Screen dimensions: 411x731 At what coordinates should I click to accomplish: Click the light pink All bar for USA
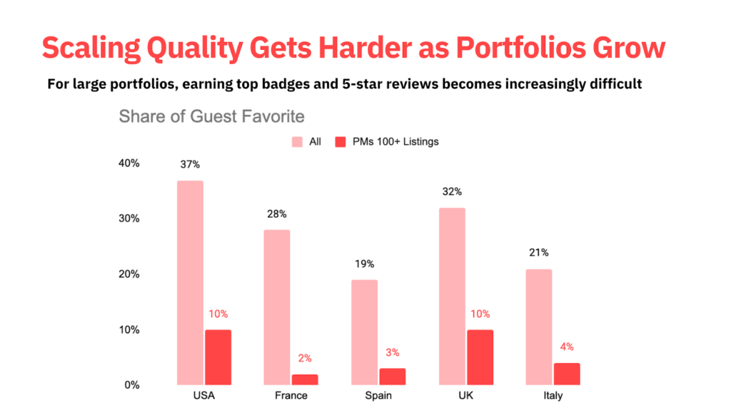190,283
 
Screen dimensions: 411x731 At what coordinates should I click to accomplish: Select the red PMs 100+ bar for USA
218,357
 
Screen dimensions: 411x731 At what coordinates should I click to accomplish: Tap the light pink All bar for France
277,307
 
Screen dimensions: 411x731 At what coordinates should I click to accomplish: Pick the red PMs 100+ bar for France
305,379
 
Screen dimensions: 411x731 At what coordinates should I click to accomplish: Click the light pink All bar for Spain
364,332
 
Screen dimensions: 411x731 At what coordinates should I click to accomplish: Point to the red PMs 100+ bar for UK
479,357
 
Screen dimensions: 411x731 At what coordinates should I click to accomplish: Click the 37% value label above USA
189,165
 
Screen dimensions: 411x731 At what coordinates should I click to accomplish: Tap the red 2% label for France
305,358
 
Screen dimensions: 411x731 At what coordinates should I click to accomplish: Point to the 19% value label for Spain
364,264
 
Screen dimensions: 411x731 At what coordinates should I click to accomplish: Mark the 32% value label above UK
452,191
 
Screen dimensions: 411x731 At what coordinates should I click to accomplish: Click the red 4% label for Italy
566,347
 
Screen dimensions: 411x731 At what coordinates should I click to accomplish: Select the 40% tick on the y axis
129,163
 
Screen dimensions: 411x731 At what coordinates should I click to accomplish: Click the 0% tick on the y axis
132,385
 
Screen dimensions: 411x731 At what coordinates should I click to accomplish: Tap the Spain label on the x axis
378,396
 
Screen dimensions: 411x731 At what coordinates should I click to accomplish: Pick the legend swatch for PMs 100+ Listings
340,142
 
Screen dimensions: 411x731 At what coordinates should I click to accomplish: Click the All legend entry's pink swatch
297,142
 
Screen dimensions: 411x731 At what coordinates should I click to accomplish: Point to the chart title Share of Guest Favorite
211,116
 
